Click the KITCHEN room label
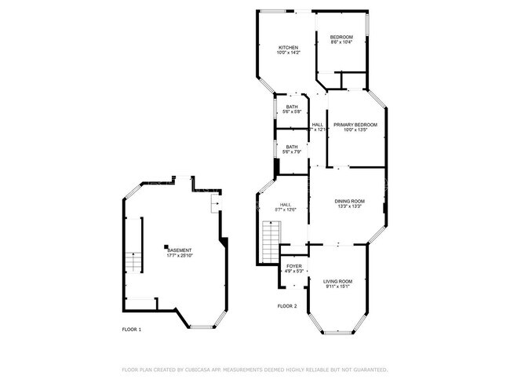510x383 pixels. coord(288,48)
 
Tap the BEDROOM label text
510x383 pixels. coord(341,38)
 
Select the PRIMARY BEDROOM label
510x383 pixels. coord(355,125)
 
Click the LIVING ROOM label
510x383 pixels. coord(338,281)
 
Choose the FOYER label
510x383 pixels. coord(293,267)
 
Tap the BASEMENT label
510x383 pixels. coord(179,250)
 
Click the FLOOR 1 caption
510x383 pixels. coord(131,330)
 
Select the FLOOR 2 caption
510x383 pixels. coord(287,305)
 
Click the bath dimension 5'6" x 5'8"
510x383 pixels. coord(292,112)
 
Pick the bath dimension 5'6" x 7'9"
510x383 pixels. coord(292,152)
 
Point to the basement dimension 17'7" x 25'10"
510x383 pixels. coord(179,256)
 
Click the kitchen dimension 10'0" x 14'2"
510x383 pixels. coord(288,53)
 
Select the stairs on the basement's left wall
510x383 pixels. coord(132,263)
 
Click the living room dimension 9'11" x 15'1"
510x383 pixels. coord(338,286)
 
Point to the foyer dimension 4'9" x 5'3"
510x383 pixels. coord(293,272)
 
